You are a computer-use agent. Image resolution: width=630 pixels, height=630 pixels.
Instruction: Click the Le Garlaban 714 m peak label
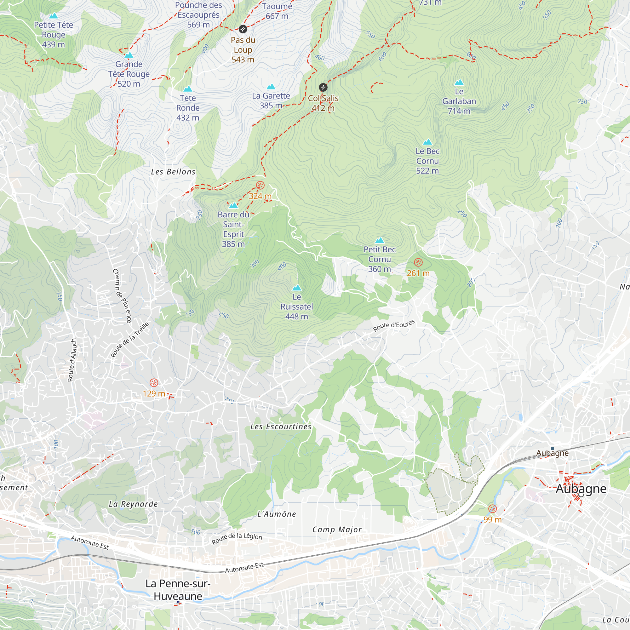click(459, 101)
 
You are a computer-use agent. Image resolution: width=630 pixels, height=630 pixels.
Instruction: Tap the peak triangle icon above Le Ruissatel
click(296, 288)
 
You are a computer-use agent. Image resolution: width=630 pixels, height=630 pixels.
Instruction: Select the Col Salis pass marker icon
click(323, 87)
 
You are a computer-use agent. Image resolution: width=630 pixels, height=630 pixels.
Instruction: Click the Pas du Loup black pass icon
click(243, 29)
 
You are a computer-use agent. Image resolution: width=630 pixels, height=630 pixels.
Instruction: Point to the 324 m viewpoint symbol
click(260, 186)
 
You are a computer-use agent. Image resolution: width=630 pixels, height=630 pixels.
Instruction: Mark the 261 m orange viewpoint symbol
click(418, 262)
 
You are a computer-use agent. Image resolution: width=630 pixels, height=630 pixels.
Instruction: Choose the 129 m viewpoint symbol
click(154, 383)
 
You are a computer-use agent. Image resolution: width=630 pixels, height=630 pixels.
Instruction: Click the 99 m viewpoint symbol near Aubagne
click(492, 509)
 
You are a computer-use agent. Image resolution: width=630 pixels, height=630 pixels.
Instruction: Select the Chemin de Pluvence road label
click(122, 296)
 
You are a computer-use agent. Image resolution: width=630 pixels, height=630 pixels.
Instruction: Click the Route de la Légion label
click(237, 538)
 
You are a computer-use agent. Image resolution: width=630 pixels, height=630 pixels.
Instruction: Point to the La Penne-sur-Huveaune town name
click(178, 590)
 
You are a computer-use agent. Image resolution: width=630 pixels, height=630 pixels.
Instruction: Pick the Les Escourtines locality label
click(280, 427)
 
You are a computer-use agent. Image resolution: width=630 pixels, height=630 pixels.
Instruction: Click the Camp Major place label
click(337, 530)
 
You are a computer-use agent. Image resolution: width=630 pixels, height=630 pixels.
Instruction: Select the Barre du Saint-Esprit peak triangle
click(233, 205)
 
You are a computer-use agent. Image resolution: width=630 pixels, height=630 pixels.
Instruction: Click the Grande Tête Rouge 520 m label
click(129, 74)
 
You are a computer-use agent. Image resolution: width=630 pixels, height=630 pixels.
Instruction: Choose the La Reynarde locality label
click(133, 504)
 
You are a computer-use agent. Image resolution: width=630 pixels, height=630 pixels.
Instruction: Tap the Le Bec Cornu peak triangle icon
click(427, 142)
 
